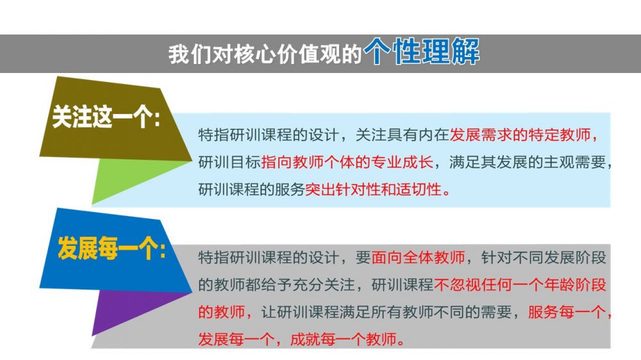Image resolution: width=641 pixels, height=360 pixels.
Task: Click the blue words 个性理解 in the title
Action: point(422,52)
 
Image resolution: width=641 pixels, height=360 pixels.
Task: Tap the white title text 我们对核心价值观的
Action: point(265,54)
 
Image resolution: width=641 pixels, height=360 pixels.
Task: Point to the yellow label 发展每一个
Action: point(106,248)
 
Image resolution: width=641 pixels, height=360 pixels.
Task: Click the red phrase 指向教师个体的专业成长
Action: point(347,162)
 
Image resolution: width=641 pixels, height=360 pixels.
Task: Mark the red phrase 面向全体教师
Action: point(418,258)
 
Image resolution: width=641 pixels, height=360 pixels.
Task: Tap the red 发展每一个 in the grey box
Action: point(237,339)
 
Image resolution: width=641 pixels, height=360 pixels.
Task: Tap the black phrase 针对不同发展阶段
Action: point(544,258)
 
